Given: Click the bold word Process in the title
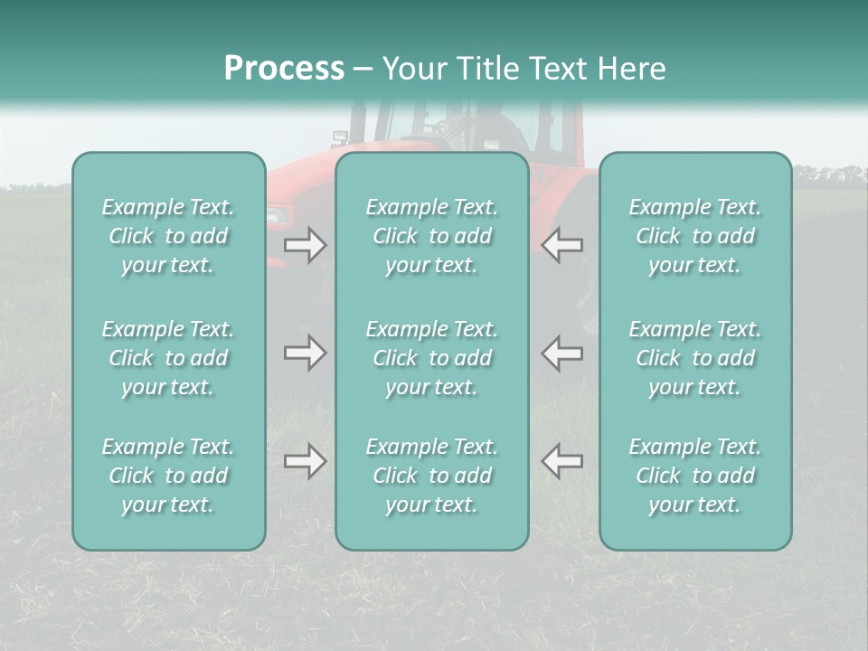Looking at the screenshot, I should click(284, 69).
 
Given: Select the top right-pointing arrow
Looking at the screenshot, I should click(306, 246).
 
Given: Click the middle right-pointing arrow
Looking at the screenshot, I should click(306, 353).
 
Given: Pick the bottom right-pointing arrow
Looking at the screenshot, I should click(306, 461).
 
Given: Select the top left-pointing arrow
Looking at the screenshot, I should click(562, 246).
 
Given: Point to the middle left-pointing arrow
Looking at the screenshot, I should click(562, 353).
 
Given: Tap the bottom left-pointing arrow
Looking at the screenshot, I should click(562, 461).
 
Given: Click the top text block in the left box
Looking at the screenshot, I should click(168, 236).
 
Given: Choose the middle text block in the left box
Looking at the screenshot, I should click(168, 358).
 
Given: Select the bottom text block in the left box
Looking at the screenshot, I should click(168, 476).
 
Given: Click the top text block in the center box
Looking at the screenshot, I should click(432, 236).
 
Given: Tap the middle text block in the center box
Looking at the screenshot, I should click(432, 358).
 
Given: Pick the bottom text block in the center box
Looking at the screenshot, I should click(432, 476).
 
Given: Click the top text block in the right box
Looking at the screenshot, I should click(695, 236).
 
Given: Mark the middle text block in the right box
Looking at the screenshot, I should click(695, 358).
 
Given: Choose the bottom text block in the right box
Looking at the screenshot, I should click(695, 476).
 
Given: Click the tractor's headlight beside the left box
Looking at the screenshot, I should click(278, 214).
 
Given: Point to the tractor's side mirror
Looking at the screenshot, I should click(340, 138).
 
